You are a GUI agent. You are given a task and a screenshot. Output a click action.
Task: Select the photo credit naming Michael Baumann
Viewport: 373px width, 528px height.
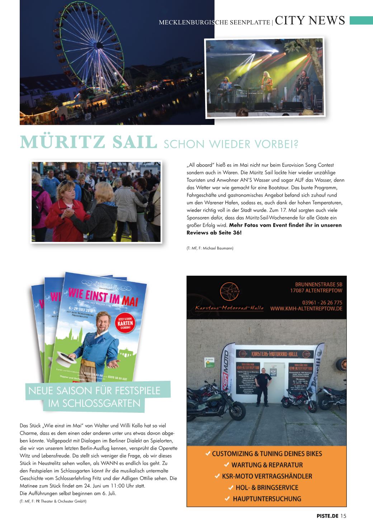click(210, 248)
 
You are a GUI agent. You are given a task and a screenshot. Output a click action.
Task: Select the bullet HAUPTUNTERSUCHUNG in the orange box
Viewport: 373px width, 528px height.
click(267, 498)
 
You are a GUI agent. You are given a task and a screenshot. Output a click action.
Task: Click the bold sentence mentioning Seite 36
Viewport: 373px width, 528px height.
click(264, 229)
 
